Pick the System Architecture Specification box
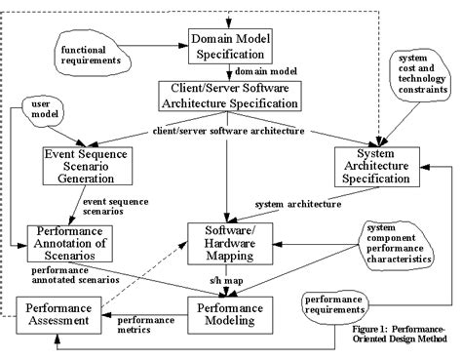[x=376, y=168]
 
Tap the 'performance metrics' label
[x=146, y=324]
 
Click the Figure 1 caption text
[x=402, y=336]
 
